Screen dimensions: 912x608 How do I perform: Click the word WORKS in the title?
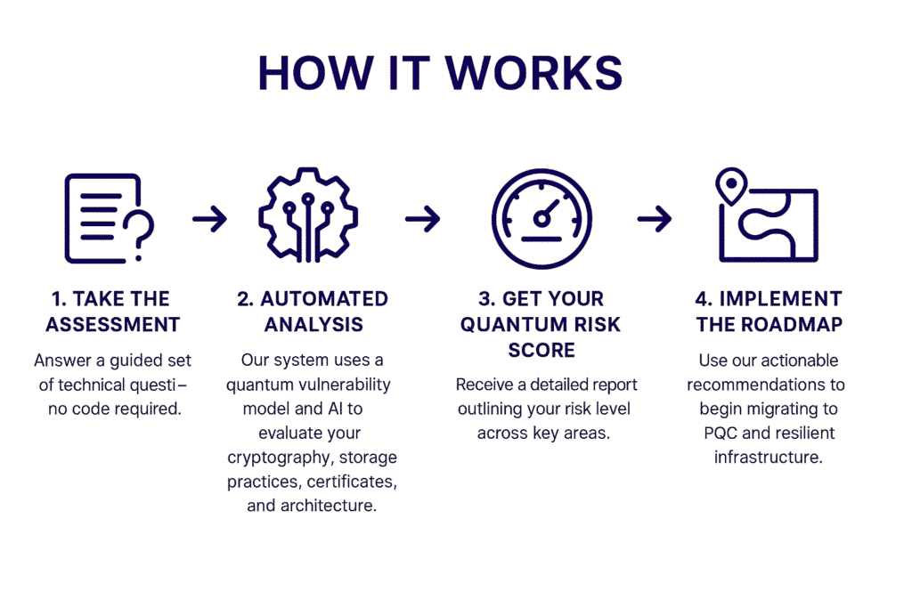(x=534, y=73)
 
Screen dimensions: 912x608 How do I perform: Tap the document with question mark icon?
(x=110, y=219)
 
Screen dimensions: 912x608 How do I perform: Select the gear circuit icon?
(x=308, y=215)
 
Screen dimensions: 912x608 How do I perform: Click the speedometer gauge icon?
(x=541, y=219)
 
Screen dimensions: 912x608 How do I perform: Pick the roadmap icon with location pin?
(x=768, y=215)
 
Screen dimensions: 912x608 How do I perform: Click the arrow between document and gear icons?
(x=210, y=219)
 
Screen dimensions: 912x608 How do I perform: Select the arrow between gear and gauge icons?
(x=423, y=219)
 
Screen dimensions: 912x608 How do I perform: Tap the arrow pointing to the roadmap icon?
(x=655, y=219)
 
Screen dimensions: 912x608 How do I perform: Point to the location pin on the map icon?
(x=731, y=186)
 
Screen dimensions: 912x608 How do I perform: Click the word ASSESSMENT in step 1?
(x=113, y=324)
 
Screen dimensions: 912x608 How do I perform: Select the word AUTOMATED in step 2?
(x=324, y=299)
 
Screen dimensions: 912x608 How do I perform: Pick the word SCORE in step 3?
(x=541, y=350)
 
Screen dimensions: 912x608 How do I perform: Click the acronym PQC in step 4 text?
(x=721, y=433)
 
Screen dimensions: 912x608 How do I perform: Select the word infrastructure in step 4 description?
(x=769, y=457)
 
